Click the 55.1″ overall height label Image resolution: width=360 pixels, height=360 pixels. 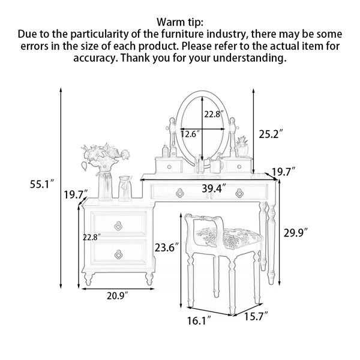point(42,184)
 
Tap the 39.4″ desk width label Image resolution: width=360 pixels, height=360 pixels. point(214,189)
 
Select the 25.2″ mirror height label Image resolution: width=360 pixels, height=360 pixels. point(271,134)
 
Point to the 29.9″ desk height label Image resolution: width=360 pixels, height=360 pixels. point(295,233)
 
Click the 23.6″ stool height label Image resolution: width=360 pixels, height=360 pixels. point(166,247)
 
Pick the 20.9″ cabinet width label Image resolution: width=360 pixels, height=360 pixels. point(117,296)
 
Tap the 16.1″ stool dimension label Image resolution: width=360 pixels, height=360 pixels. point(199,321)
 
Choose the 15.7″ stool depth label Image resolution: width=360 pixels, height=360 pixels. point(256,316)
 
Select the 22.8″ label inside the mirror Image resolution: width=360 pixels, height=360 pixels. point(214,114)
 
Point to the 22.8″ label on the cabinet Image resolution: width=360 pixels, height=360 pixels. point(92,237)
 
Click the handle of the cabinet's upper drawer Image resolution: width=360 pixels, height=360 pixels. point(118,226)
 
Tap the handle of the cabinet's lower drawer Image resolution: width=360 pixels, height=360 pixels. point(118,254)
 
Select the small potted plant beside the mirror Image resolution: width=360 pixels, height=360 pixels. point(242,147)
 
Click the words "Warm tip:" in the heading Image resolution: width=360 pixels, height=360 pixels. point(180,22)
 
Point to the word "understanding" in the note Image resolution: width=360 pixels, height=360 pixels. point(250,58)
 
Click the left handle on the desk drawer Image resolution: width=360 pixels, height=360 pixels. point(180,193)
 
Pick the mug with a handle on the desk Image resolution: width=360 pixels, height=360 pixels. point(216,166)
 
